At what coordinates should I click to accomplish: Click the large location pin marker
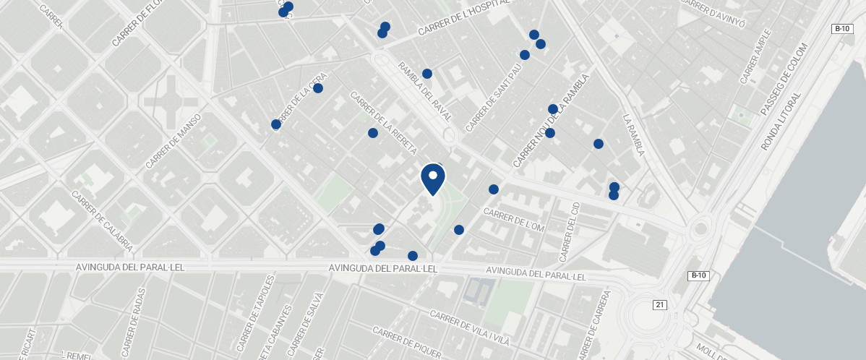(x=432, y=179)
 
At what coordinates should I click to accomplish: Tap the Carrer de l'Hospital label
(x=463, y=19)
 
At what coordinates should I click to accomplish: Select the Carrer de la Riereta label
(x=383, y=122)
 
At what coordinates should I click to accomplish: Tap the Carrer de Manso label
(x=173, y=141)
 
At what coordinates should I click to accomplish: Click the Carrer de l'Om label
(x=513, y=220)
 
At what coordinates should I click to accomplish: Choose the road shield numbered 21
(x=659, y=305)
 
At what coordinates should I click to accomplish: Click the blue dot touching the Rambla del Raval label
(x=427, y=74)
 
